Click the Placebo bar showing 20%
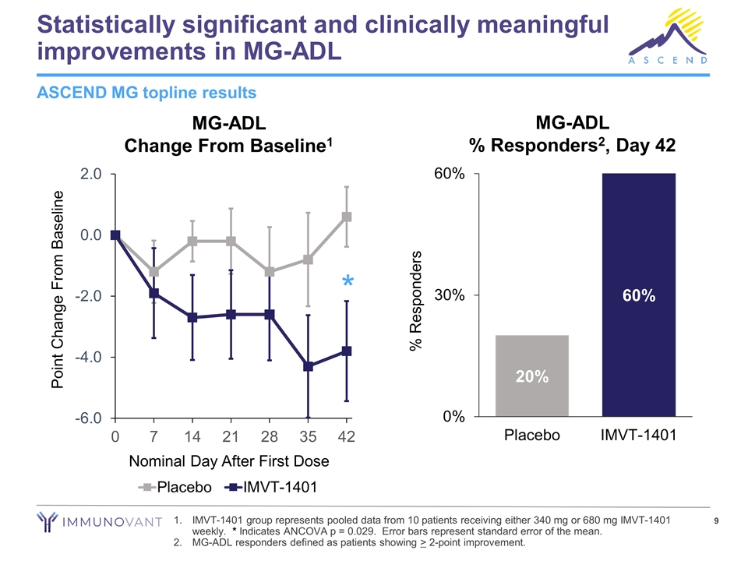pos(532,376)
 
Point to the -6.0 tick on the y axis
pos(86,418)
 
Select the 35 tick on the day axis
pos(309,436)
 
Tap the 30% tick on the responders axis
pos(450,295)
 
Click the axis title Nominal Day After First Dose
pos(230,461)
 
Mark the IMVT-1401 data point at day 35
pos(309,366)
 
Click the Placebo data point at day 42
pos(347,217)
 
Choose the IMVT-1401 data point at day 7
pos(154,293)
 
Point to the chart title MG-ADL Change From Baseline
pos(229,134)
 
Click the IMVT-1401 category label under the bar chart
pos(638,436)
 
